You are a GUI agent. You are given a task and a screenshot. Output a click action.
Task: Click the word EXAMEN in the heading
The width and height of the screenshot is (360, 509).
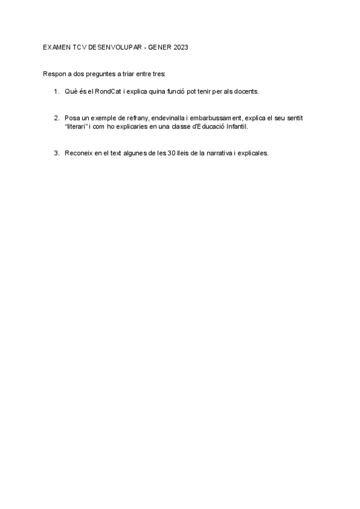[56, 46]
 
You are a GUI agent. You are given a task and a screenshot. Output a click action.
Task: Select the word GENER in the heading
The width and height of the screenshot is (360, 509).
[157, 46]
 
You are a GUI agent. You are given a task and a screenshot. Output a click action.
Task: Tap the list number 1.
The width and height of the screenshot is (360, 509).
[55, 91]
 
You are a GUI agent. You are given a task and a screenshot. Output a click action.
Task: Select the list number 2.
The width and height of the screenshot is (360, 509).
[55, 118]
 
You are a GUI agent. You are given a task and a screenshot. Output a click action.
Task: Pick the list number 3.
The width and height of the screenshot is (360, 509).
[55, 152]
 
